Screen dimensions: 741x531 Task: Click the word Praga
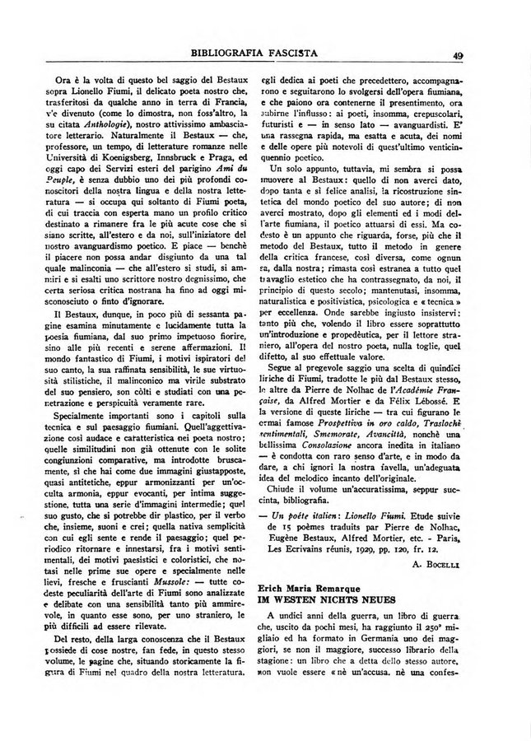(238, 160)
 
